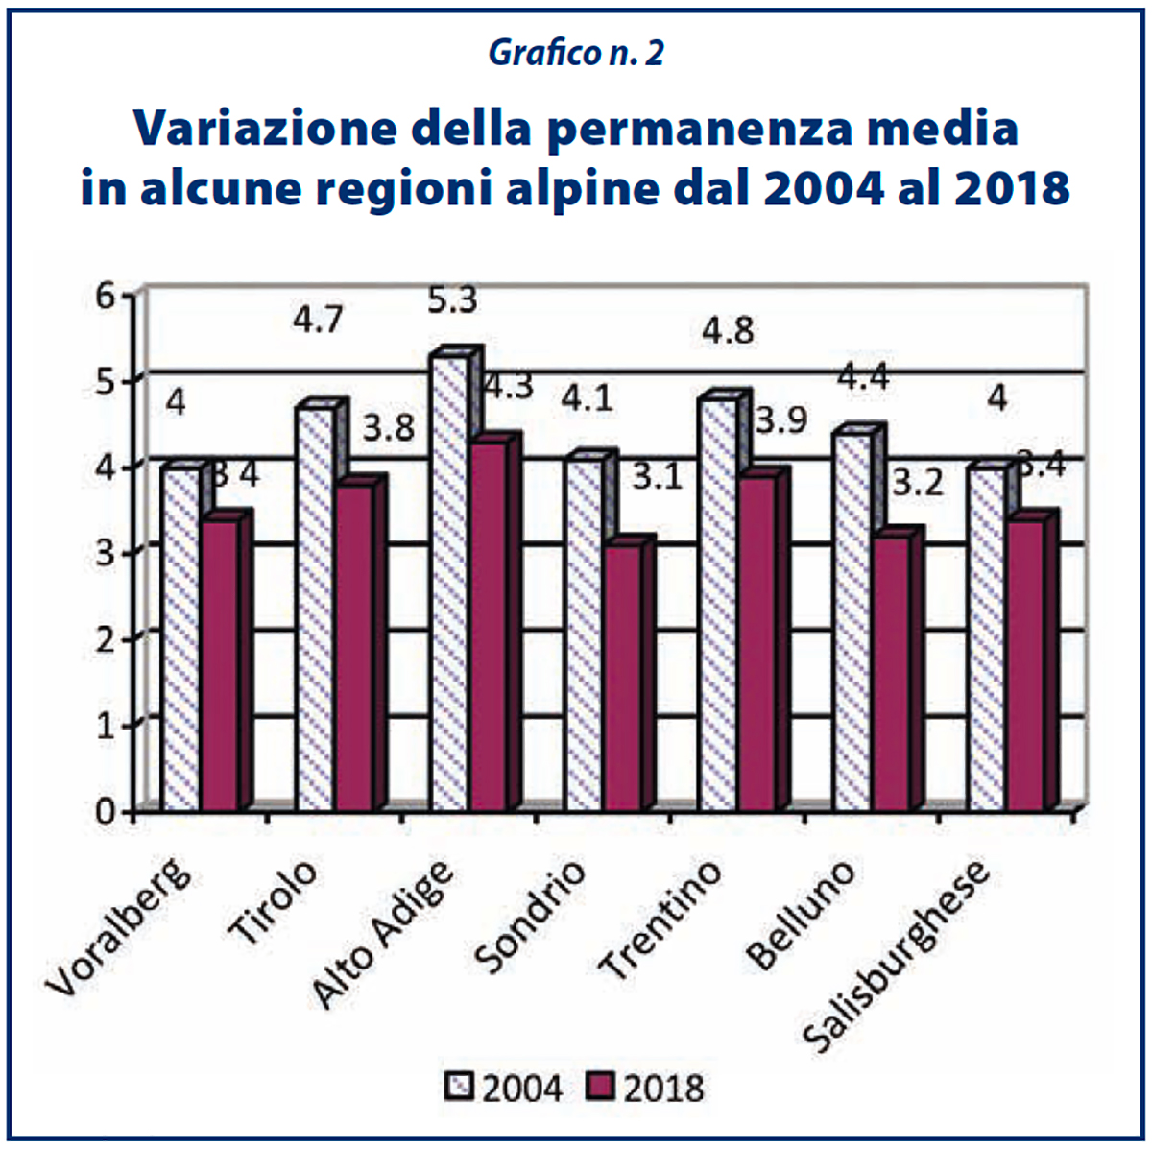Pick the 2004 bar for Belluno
pyautogui.click(x=852, y=619)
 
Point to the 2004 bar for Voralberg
pyautogui.click(x=180, y=638)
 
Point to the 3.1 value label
pyautogui.click(x=657, y=476)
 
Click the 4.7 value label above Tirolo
pyautogui.click(x=317, y=319)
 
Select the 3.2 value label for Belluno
pyautogui.click(x=919, y=483)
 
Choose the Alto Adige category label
pyautogui.click(x=384, y=936)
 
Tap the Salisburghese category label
pyautogui.click(x=898, y=955)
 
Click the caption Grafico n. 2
pyautogui.click(x=576, y=54)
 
